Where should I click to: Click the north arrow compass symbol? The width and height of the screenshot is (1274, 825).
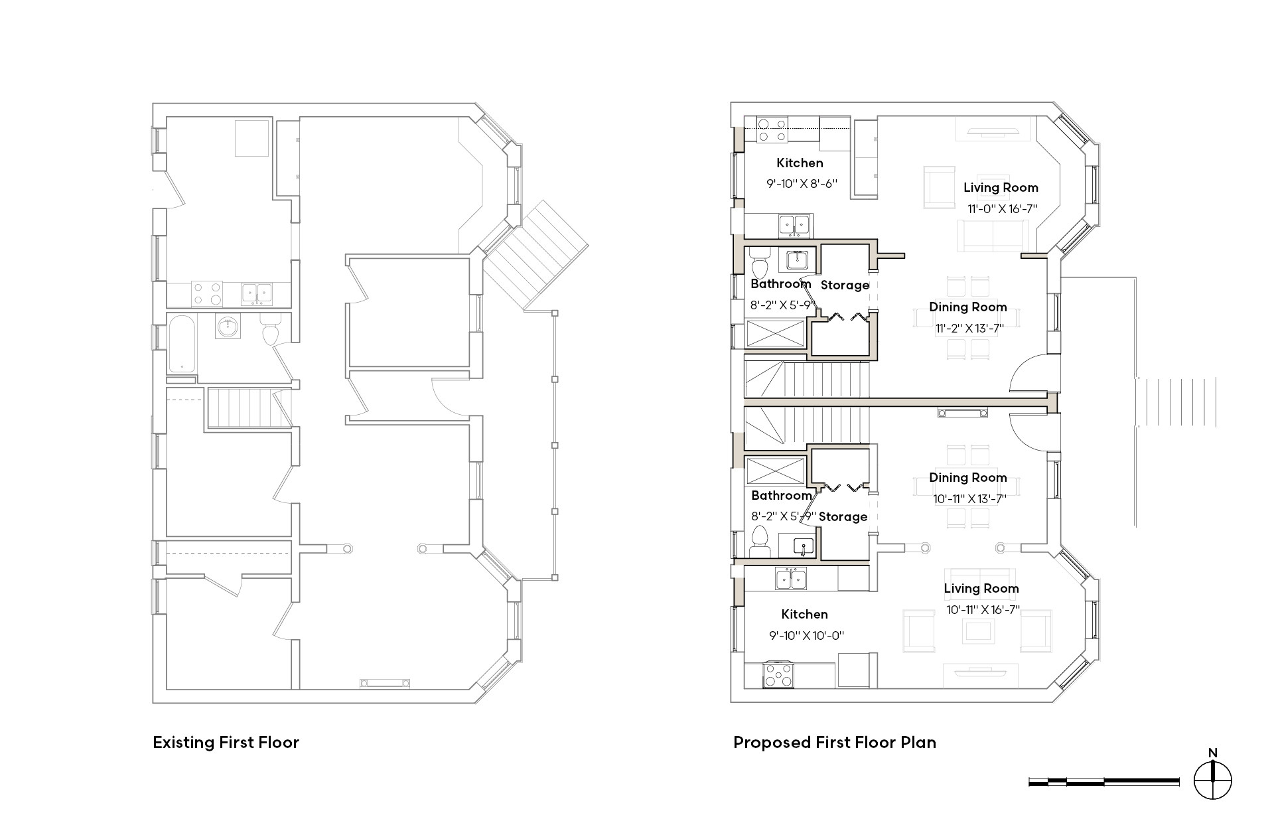[1212, 781]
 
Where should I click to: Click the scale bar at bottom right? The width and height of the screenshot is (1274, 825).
[1104, 782]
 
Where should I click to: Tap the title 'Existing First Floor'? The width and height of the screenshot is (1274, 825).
[226, 742]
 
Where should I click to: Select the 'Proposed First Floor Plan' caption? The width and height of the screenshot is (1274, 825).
[835, 742]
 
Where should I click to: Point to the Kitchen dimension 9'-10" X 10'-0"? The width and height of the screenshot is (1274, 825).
[806, 635]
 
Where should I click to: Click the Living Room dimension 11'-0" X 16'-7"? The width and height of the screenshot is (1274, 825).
[1002, 208]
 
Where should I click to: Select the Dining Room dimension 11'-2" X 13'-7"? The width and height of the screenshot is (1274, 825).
[969, 328]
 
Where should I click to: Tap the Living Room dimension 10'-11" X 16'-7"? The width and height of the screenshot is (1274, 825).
[983, 609]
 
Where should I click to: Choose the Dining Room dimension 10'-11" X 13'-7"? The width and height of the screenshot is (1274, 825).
[969, 498]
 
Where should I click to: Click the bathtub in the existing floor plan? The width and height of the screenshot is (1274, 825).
[182, 344]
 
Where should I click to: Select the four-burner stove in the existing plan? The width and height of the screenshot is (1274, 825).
[207, 293]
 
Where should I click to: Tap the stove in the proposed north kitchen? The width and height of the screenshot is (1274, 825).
[772, 129]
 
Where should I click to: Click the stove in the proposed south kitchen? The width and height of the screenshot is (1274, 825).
[778, 674]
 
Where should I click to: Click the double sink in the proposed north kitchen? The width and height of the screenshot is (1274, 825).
[794, 226]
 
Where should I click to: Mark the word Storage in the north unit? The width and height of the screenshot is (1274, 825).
[845, 285]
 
